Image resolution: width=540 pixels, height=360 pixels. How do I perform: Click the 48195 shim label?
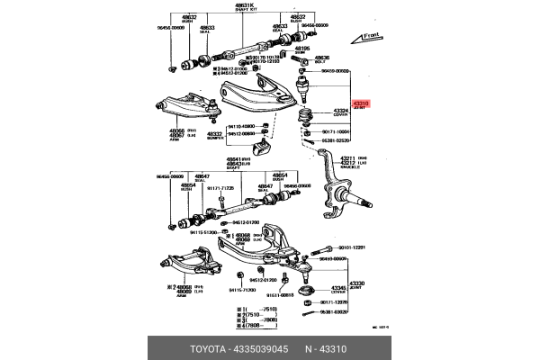[x=301, y=49]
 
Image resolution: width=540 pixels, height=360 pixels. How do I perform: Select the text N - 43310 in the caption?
[x=327, y=347]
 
